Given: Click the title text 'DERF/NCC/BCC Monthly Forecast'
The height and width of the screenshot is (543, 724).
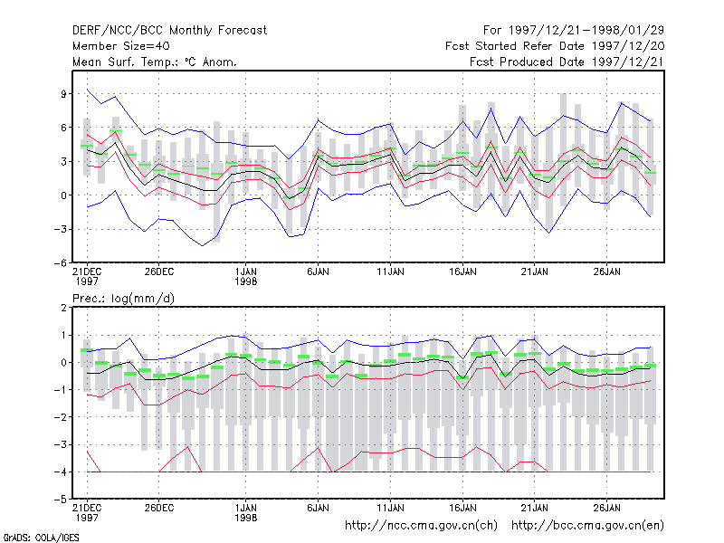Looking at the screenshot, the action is pyautogui.click(x=169, y=31).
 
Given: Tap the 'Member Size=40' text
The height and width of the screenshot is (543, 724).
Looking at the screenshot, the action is pyautogui.click(x=121, y=46).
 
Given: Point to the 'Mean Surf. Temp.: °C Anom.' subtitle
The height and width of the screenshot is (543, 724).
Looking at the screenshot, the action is pyautogui.click(x=155, y=62).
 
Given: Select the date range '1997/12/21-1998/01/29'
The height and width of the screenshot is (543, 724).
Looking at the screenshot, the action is pyautogui.click(x=586, y=31).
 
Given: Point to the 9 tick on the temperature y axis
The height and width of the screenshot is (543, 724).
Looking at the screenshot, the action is pyautogui.click(x=64, y=94).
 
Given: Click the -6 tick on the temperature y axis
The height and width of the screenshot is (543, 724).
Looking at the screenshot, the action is pyautogui.click(x=61, y=263).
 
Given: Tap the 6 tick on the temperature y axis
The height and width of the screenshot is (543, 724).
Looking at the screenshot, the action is pyautogui.click(x=64, y=128).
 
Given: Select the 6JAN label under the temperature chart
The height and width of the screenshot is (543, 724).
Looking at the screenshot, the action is pyautogui.click(x=319, y=271).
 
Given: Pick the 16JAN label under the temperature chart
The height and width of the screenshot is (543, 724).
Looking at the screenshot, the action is pyautogui.click(x=462, y=271).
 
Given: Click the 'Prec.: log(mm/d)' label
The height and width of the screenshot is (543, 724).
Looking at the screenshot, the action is pyautogui.click(x=123, y=299).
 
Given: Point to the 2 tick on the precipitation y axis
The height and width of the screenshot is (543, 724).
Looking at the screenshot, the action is pyautogui.click(x=64, y=308).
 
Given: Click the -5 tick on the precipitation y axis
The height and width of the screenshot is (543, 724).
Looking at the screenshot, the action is pyautogui.click(x=61, y=500).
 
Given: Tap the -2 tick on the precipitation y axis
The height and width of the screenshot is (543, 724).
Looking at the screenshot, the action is pyautogui.click(x=61, y=417).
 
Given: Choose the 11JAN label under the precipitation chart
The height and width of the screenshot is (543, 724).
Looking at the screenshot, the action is pyautogui.click(x=390, y=508).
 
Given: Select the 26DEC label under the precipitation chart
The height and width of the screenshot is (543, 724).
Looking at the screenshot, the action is pyautogui.click(x=159, y=508).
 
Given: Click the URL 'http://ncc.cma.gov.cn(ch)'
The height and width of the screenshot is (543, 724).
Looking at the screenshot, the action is pyautogui.click(x=421, y=526).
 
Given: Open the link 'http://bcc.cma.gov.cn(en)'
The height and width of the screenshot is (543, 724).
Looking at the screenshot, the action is pyautogui.click(x=587, y=526).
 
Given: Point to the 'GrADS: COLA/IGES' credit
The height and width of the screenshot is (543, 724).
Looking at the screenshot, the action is pyautogui.click(x=41, y=538).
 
